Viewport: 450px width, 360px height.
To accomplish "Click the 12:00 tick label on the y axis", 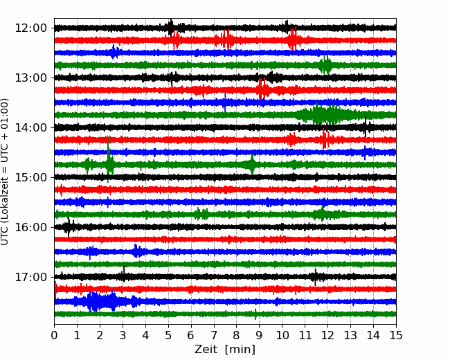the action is point(30,28).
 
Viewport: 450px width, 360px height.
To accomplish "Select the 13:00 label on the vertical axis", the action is point(30,78).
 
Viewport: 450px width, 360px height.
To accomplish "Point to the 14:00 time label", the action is point(30,127).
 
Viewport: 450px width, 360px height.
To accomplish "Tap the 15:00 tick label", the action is point(30,177).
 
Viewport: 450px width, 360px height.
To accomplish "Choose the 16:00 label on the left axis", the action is point(30,227).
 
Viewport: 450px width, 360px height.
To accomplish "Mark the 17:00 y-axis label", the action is point(30,277).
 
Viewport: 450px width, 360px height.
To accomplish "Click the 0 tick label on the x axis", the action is point(54,335).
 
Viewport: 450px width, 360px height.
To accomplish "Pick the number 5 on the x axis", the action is point(168,335).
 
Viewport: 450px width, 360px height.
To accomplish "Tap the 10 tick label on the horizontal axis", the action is point(282,335).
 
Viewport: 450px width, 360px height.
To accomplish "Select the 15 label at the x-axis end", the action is point(396,335).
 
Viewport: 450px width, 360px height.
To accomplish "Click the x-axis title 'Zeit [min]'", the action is point(225,350).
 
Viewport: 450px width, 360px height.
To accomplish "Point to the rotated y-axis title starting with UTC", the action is point(4,172).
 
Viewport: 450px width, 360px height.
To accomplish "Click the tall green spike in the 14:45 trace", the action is point(108,159).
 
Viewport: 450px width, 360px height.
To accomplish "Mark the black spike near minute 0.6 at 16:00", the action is point(69,227).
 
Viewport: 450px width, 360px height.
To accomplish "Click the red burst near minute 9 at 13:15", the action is point(262,89).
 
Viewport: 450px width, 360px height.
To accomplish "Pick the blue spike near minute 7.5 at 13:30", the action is point(225,102).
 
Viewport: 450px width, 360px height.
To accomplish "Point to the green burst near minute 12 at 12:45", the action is point(325,65).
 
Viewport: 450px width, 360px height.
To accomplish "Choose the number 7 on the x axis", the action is point(214,335).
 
